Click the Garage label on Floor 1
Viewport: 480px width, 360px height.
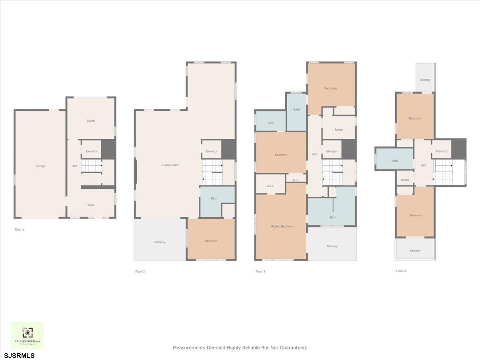coord(40,166)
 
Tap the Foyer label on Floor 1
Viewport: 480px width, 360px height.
coord(90,205)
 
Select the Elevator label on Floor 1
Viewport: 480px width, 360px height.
coord(91,151)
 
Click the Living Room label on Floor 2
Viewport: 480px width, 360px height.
coord(170,165)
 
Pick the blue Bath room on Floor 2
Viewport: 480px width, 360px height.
coord(214,198)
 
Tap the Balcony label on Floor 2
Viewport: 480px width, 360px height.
coord(160,242)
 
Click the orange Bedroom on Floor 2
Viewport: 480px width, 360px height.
coord(211,241)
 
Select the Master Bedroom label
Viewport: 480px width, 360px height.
coord(282,226)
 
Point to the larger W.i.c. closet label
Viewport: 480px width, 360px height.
coord(270,186)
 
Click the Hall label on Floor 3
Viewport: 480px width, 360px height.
coord(314,154)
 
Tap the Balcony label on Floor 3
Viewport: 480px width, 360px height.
coord(332,246)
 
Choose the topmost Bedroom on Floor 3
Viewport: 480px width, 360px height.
coord(330,88)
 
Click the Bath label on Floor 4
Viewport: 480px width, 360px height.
coord(394,161)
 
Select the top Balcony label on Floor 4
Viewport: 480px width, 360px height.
coord(425,80)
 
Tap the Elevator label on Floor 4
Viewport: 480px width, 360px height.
coord(442,151)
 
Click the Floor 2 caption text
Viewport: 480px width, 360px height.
coord(140,272)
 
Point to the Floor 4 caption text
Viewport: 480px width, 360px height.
coord(401,271)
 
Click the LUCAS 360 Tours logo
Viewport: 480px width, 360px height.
coord(27,335)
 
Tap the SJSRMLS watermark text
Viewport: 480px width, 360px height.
coord(20,355)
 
